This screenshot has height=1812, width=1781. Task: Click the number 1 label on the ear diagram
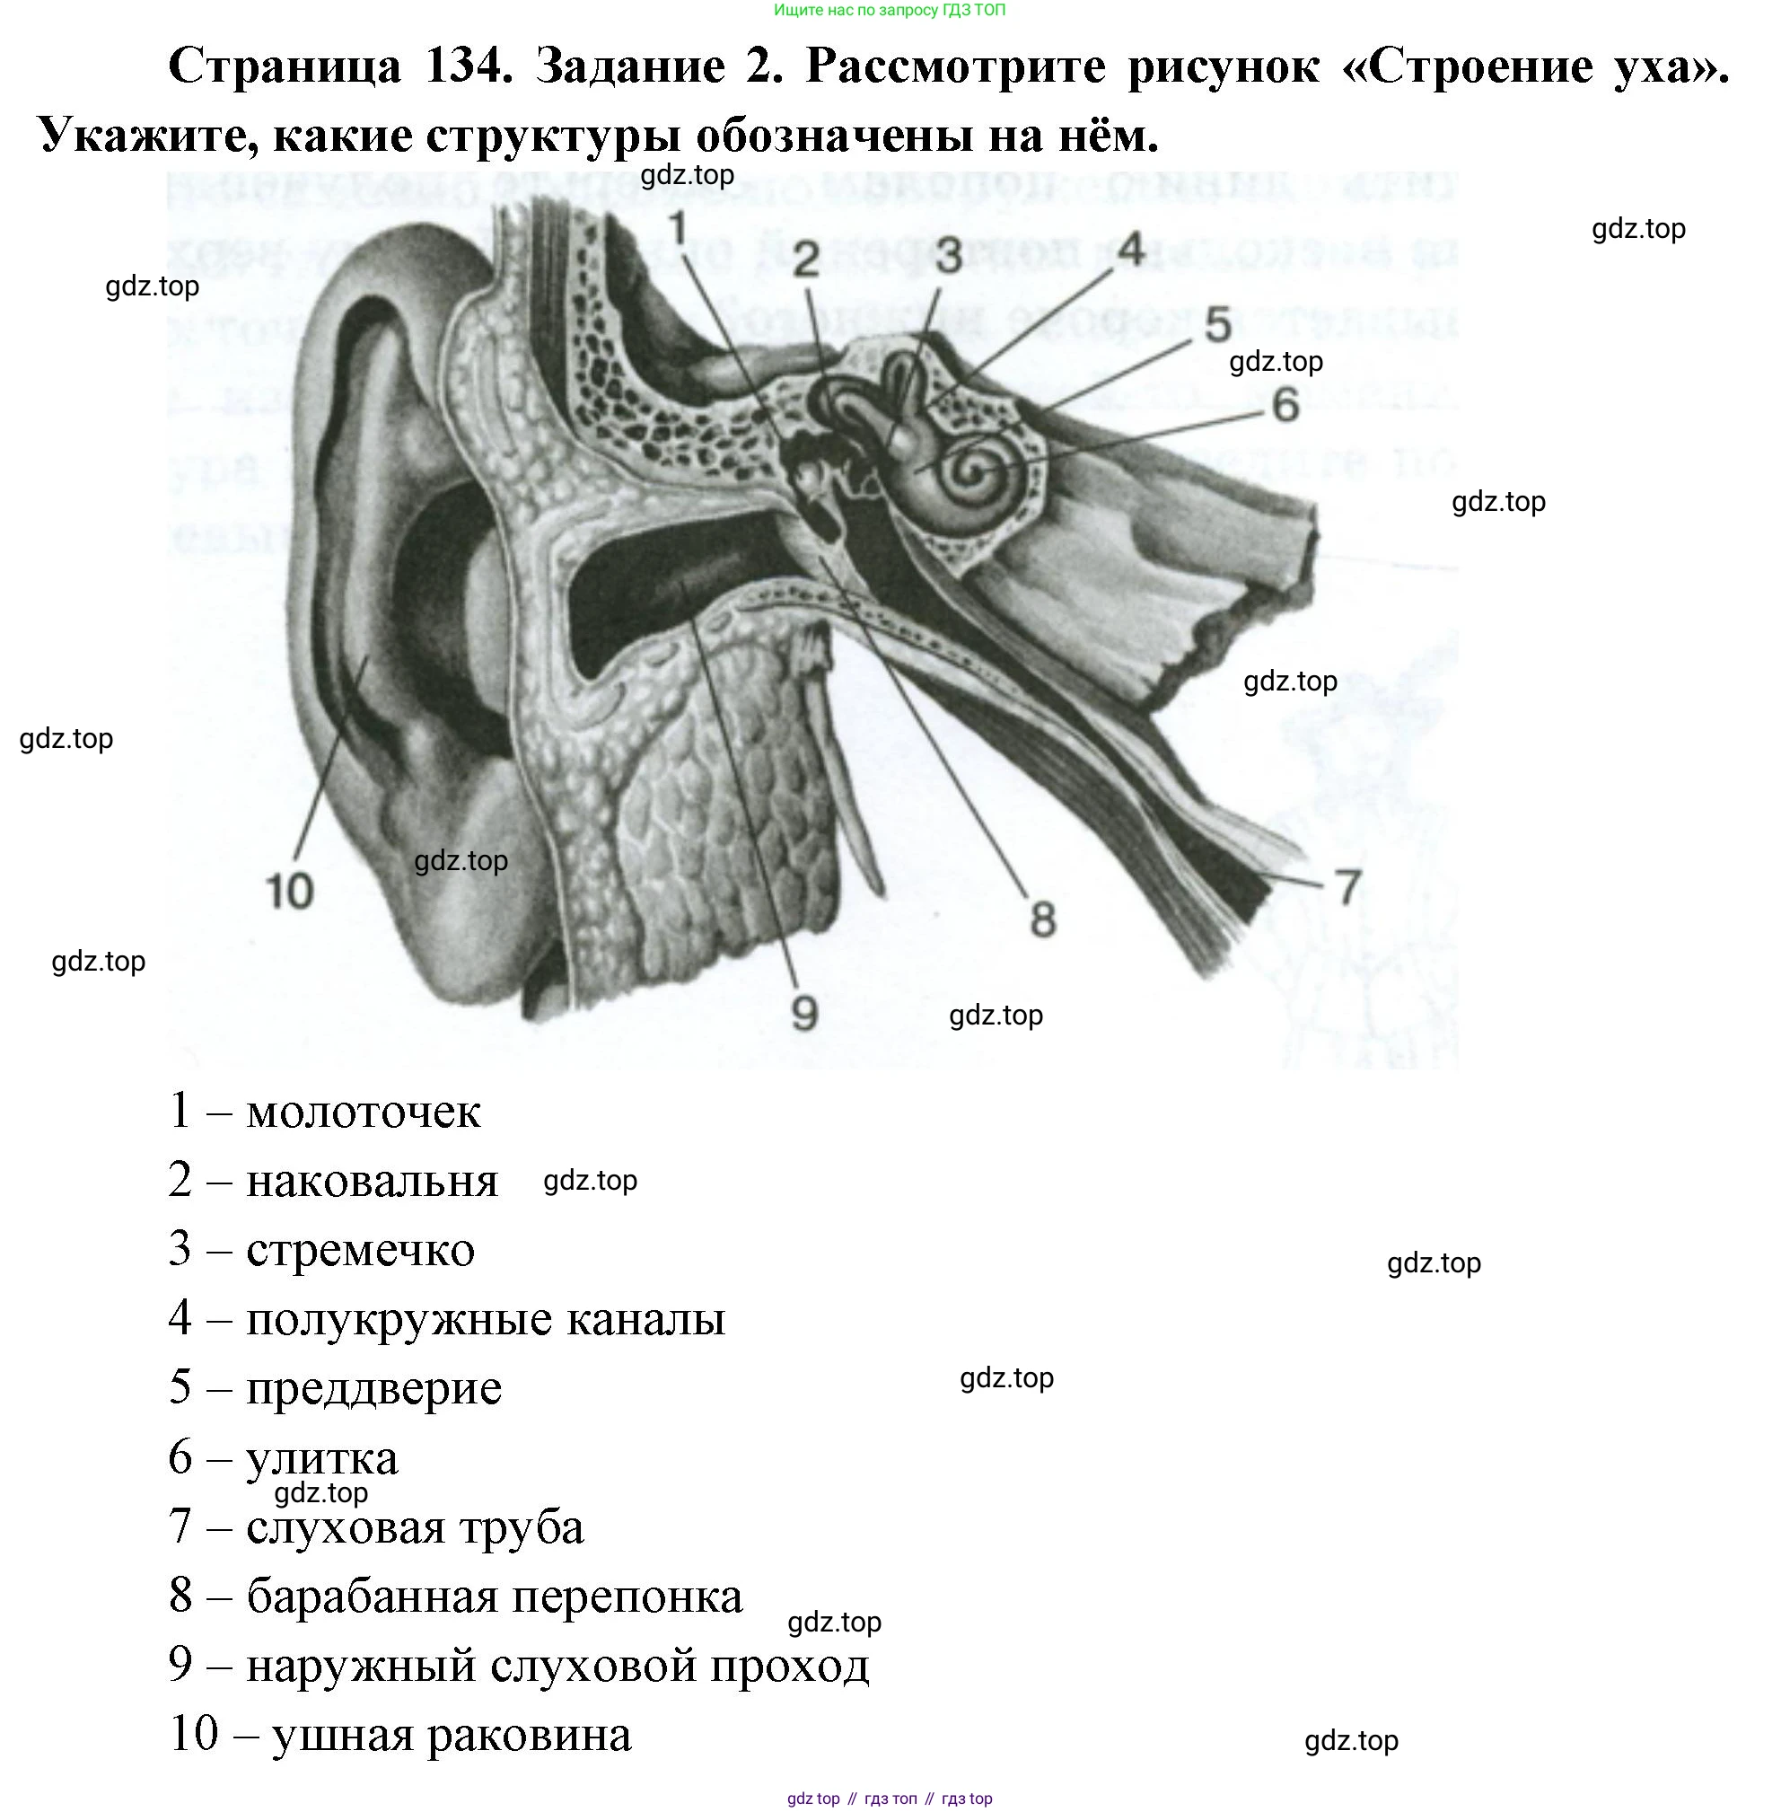click(678, 228)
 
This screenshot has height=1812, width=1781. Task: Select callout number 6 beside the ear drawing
click(1285, 404)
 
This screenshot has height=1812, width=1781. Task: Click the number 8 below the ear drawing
click(1042, 919)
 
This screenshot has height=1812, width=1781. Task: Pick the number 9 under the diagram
click(803, 1012)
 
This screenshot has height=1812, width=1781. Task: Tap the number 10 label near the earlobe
click(289, 891)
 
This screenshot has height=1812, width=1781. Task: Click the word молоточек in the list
click(363, 1112)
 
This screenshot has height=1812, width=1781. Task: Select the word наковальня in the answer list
click(372, 1182)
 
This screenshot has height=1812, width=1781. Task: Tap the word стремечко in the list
click(360, 1250)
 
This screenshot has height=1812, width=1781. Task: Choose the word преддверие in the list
click(373, 1388)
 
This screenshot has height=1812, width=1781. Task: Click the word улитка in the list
click(321, 1457)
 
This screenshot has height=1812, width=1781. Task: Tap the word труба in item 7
click(529, 1526)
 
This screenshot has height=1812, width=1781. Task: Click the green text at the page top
click(890, 10)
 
